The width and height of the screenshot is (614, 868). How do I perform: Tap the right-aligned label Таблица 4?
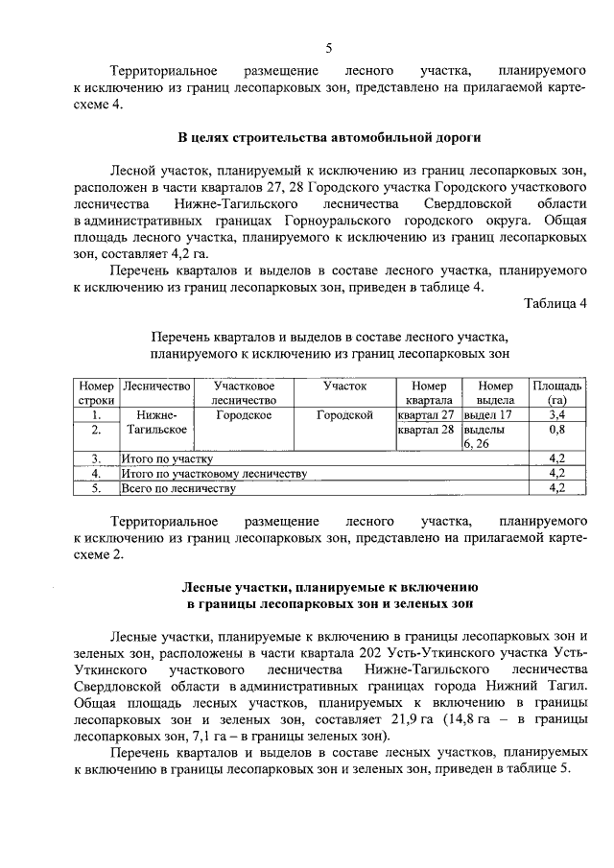tap(555, 304)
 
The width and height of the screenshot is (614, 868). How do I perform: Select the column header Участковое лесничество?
tap(244, 392)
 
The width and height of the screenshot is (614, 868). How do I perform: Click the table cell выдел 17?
tap(488, 415)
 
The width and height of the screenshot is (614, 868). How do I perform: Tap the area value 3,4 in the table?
tap(555, 415)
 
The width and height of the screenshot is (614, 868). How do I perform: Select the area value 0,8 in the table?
tap(555, 431)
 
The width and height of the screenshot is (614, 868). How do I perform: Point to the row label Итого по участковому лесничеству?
tap(213, 474)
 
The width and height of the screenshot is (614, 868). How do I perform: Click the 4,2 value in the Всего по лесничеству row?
tap(555, 489)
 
